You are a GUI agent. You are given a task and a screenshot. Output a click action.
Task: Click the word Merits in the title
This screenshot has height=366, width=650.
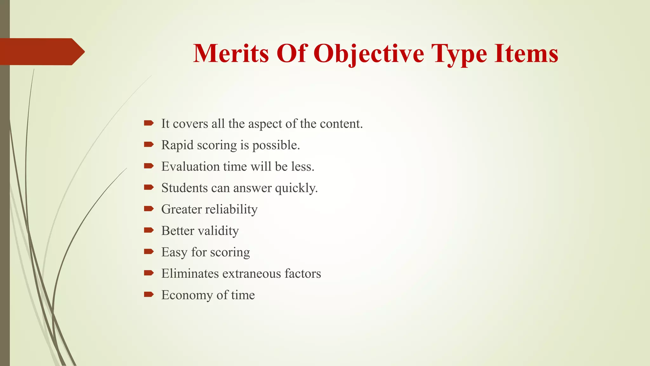click(x=231, y=53)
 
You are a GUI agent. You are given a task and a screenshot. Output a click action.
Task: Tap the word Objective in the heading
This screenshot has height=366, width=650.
click(x=369, y=53)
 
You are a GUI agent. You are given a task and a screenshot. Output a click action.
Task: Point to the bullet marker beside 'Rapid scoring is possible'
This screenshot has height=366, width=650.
click(x=149, y=145)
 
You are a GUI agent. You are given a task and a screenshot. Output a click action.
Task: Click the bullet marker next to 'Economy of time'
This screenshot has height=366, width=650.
click(x=149, y=295)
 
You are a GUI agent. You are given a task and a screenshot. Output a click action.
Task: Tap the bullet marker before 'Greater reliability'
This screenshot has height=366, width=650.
click(x=149, y=209)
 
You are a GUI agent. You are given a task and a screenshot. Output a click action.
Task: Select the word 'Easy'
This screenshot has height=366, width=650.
click(x=174, y=252)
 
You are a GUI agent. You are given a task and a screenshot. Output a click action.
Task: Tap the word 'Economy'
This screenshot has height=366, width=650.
click(x=187, y=295)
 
